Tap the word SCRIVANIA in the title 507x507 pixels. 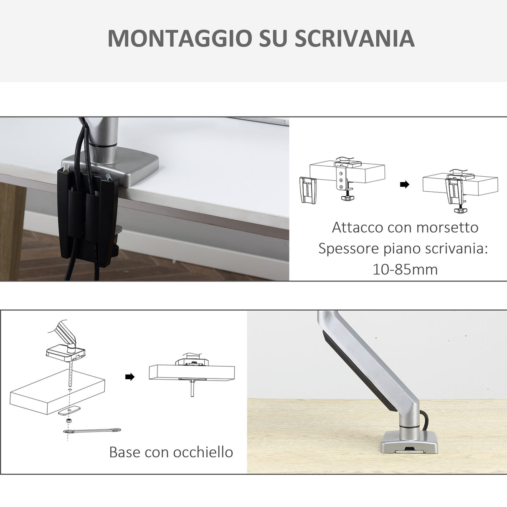pos(355,38)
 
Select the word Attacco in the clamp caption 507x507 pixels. pos(357,227)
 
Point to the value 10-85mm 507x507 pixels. pos(405,269)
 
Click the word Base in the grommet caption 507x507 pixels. pos(124,452)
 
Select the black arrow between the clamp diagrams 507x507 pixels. pos(404,185)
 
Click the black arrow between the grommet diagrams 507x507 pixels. pos(130,377)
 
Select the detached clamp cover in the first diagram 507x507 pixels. pos(308,190)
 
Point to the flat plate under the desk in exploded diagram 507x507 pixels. pos(69,411)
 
